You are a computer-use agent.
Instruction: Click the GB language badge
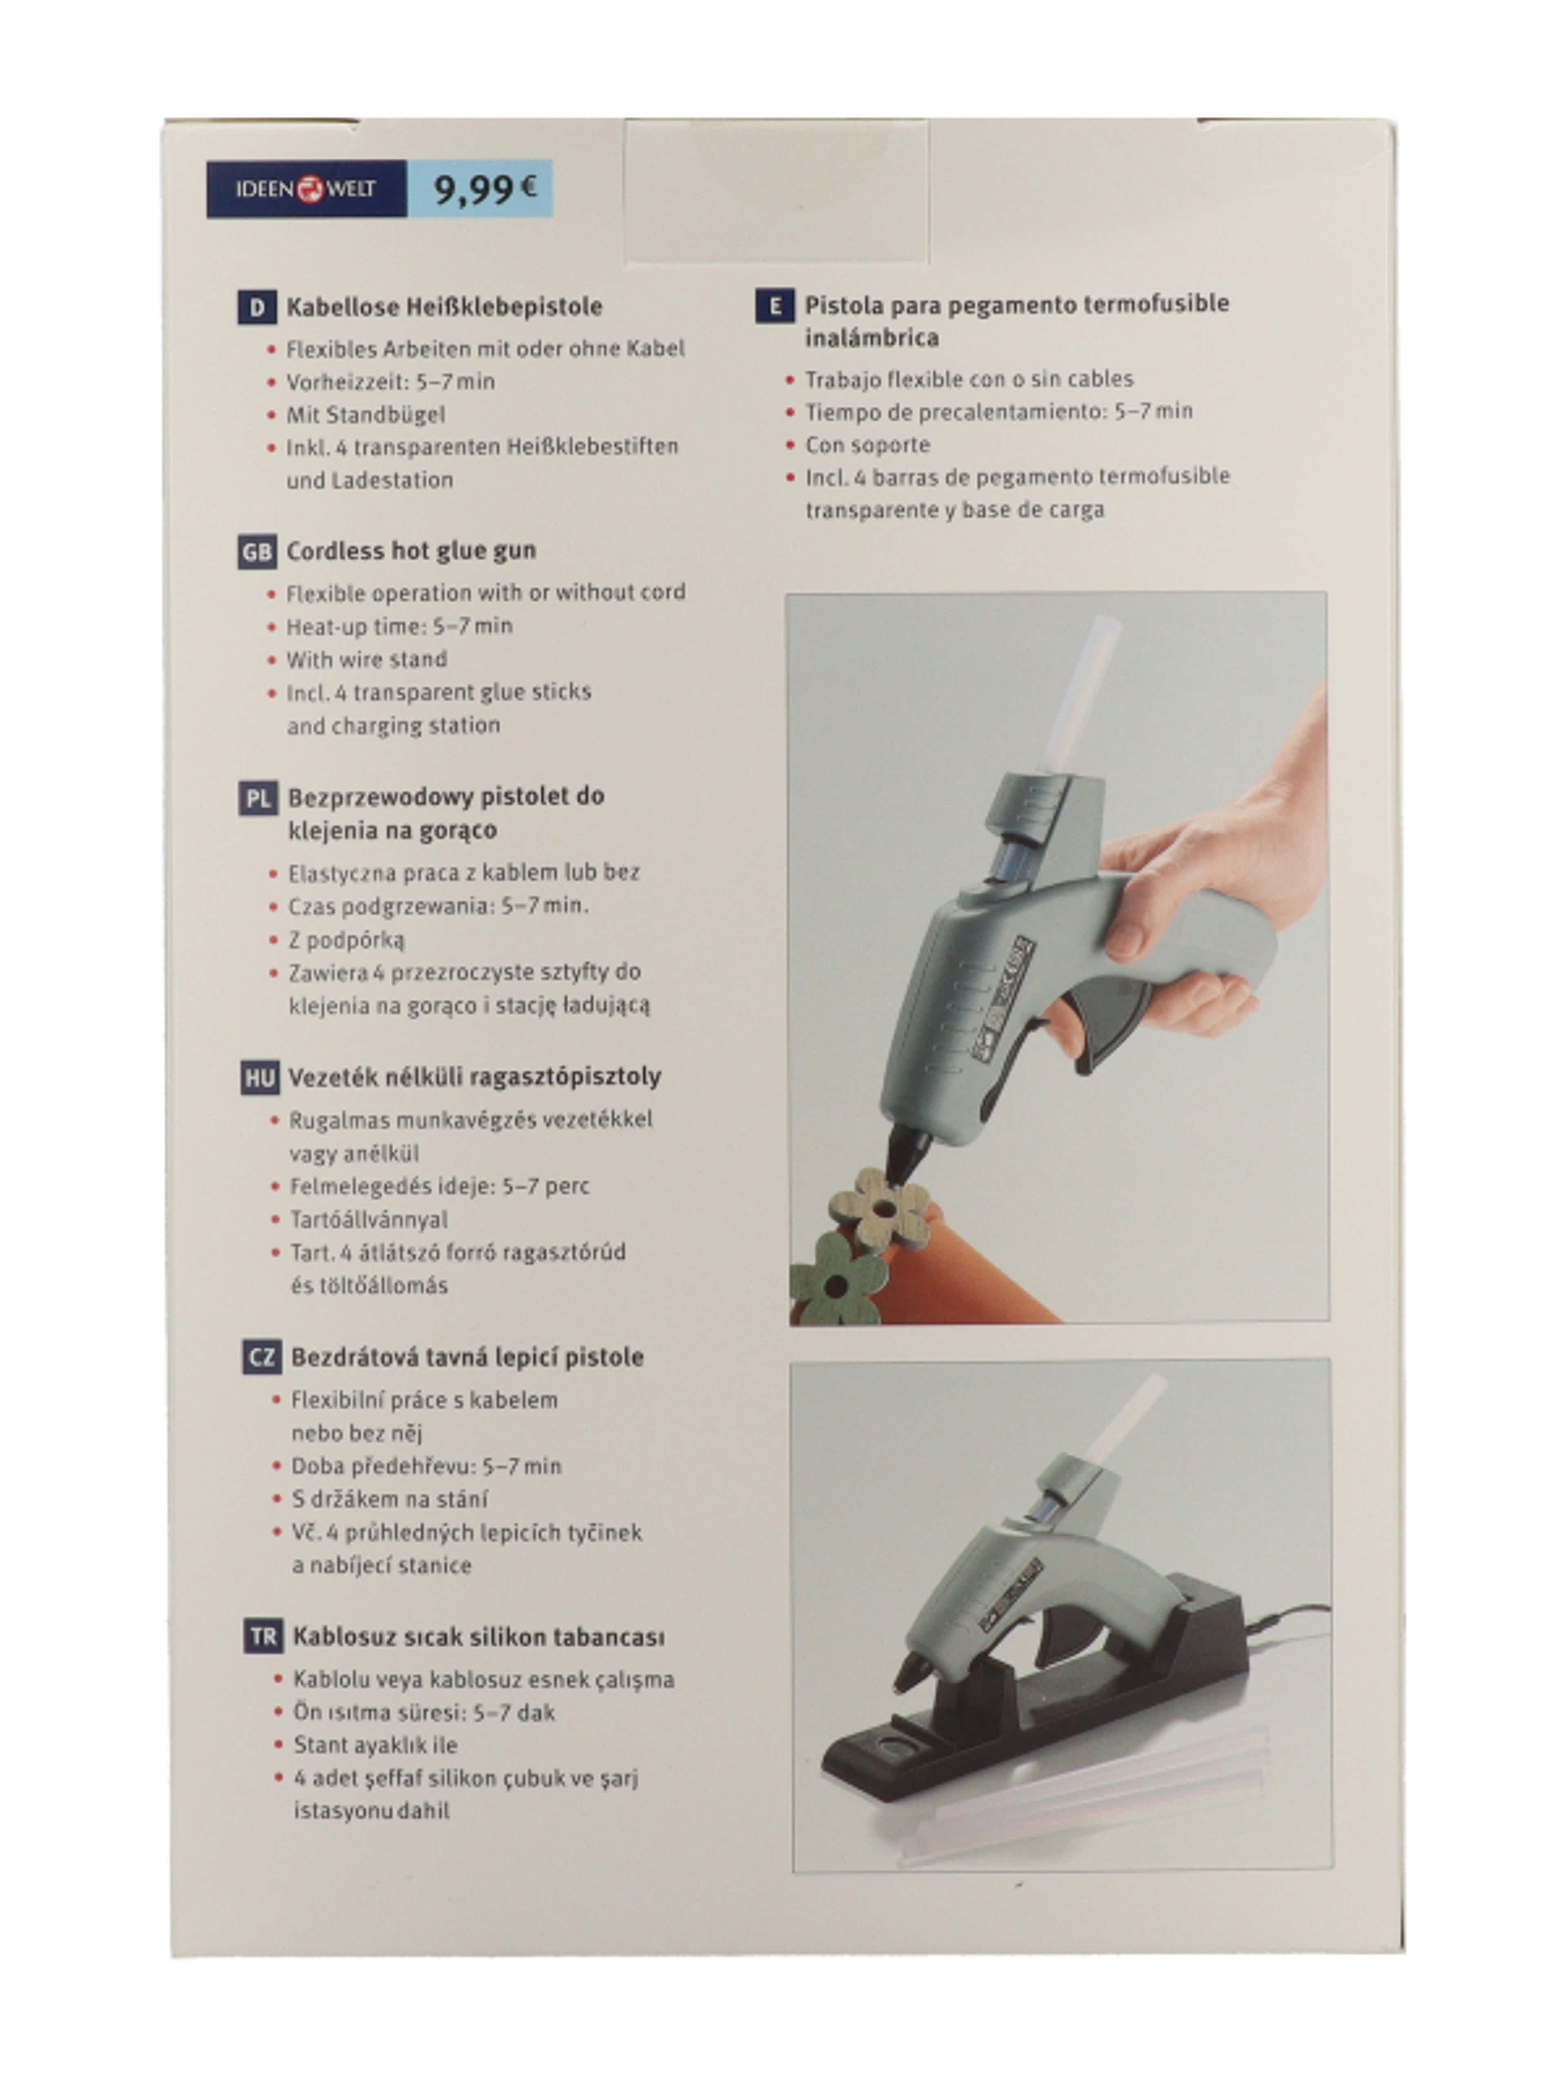[256, 552]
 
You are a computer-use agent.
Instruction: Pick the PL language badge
[257, 798]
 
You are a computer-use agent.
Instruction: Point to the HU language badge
[259, 1078]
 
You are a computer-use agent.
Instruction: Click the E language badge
[774, 306]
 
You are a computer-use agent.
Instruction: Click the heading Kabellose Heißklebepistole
[444, 307]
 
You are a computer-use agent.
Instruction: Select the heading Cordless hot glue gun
[411, 551]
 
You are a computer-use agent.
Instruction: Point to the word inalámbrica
[871, 337]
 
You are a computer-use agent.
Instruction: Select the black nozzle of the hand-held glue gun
[907, 1153]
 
